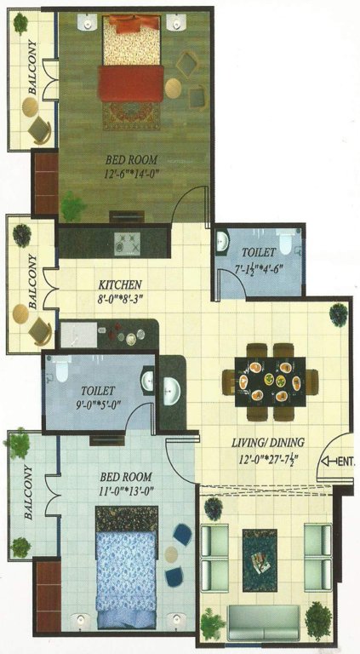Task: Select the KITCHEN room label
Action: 118,284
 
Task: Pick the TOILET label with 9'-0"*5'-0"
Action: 100,390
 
